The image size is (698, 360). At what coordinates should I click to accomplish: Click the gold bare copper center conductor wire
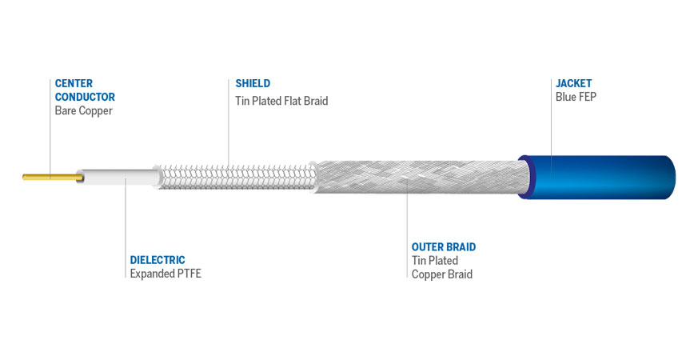point(53,178)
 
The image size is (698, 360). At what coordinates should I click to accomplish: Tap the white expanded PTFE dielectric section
point(119,177)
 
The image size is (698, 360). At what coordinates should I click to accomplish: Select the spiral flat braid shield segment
point(236,177)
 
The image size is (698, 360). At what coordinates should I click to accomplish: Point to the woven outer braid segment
point(421,177)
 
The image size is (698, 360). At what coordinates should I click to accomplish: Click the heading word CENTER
point(74,83)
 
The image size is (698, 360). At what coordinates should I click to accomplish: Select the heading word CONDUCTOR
point(85,97)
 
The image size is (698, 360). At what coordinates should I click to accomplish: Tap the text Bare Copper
point(84,110)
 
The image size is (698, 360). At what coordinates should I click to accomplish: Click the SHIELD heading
point(253,83)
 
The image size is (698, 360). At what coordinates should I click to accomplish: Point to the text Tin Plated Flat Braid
point(281,101)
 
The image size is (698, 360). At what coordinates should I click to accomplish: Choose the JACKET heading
point(574,83)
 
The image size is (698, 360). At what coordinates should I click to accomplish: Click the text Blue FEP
point(576,97)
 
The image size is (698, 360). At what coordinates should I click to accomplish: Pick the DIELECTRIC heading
point(158,260)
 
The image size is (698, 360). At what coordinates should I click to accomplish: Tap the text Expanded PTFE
point(166,274)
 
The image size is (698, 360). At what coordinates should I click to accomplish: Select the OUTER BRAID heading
point(444,247)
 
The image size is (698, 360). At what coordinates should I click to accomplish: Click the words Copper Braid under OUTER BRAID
point(442,274)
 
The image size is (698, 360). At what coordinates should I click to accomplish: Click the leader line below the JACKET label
point(552,130)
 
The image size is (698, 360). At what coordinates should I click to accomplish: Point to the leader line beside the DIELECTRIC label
point(126,228)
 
